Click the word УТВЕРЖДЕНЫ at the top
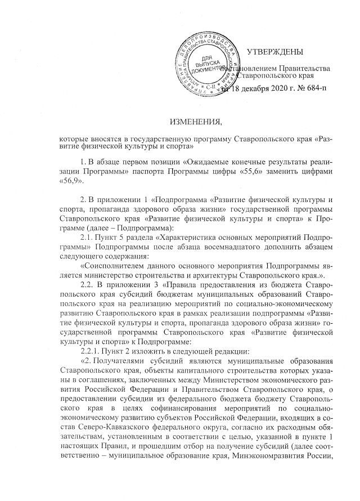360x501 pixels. [275, 52]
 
